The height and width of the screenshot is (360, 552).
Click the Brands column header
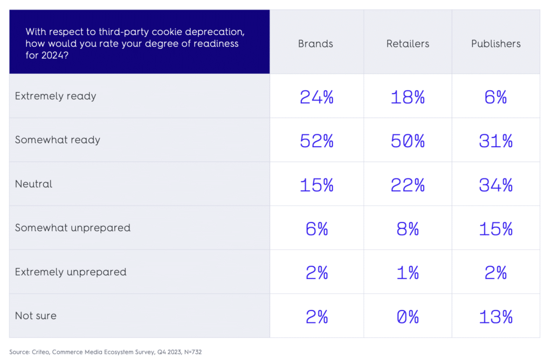coord(315,44)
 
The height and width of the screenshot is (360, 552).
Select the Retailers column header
coord(408,44)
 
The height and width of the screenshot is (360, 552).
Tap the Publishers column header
coord(496,44)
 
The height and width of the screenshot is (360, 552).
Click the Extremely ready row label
coord(56,96)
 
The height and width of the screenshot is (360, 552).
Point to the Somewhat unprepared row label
coord(73,227)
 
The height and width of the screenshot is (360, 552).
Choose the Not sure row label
coord(36,316)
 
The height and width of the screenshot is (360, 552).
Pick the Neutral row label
coord(34,184)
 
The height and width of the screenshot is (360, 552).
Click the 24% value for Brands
coord(316,97)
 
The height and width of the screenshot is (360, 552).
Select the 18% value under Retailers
coord(408,97)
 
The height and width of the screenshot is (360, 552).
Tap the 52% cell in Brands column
coord(316,141)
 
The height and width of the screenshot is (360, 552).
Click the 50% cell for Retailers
coord(408,141)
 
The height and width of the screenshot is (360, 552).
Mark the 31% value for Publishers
coord(495,141)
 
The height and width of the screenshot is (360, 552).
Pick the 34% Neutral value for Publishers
coord(495,185)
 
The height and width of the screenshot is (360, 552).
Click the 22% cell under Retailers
coord(408,185)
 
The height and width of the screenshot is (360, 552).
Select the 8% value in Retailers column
coord(408,229)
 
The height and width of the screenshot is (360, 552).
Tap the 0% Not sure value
coord(408,317)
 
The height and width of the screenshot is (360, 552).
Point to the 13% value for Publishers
coord(495,317)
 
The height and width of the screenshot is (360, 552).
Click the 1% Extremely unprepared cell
coord(408,273)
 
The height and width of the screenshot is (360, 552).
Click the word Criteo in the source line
coord(44,352)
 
